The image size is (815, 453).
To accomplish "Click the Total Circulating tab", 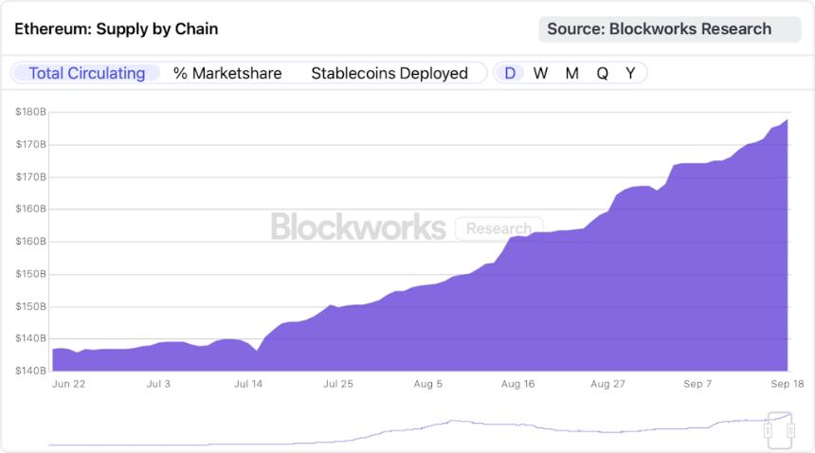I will click(86, 73).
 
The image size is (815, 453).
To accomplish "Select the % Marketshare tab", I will click(227, 73).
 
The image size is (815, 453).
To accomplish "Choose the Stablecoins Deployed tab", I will click(389, 73).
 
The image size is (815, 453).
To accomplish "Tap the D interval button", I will click(510, 73).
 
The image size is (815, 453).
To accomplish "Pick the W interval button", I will click(540, 73).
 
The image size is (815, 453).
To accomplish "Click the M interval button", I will click(571, 73).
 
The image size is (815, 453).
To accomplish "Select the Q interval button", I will click(602, 73).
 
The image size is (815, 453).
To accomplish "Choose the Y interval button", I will click(630, 73).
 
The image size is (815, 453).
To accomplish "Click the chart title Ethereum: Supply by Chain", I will click(117, 28).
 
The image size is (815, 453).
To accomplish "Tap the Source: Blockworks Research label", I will click(659, 28).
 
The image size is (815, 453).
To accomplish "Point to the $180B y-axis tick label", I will click(31, 112).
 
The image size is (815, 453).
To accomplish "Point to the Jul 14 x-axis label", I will click(247, 384).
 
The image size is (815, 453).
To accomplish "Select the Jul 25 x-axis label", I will click(338, 384).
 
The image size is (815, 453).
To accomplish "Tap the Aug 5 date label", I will click(427, 384).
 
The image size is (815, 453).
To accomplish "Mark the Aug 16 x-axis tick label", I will click(517, 384).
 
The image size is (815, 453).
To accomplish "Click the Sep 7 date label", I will click(698, 384).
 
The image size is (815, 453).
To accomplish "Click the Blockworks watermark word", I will click(358, 227).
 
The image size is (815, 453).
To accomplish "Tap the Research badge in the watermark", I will click(498, 228).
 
